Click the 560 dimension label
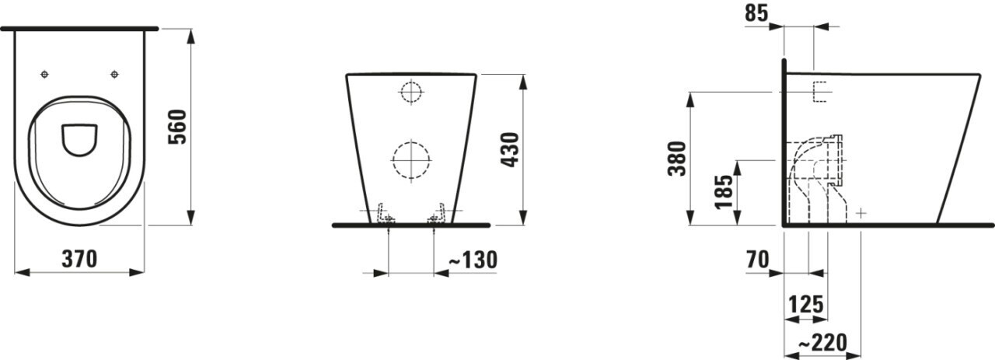click(178, 127)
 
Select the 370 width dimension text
click(80, 259)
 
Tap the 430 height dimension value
click(511, 149)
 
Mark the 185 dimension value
click(722, 191)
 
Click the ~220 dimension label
click(822, 342)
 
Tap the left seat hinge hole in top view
click(44, 75)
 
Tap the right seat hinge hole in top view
click(115, 75)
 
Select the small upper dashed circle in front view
click(410, 93)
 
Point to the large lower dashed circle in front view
click(410, 160)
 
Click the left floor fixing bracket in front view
click(384, 215)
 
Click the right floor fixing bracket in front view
click(438, 215)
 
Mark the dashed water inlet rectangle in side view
click(819, 93)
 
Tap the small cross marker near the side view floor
click(861, 212)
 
